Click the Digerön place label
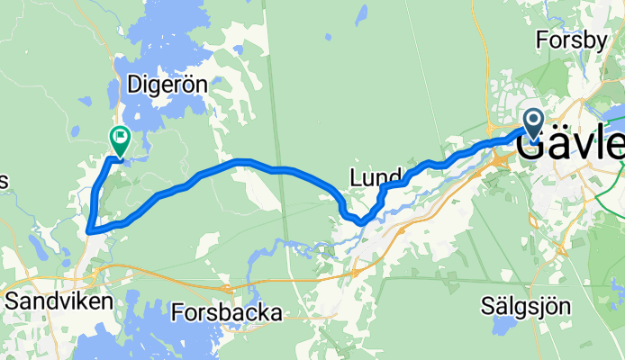click(x=168, y=85)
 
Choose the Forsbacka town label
click(x=226, y=312)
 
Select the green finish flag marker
click(x=119, y=138)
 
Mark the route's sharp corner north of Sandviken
click(x=90, y=230)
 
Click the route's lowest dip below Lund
click(x=358, y=220)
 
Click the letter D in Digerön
click(x=138, y=85)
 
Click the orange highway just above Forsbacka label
click(x=230, y=287)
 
